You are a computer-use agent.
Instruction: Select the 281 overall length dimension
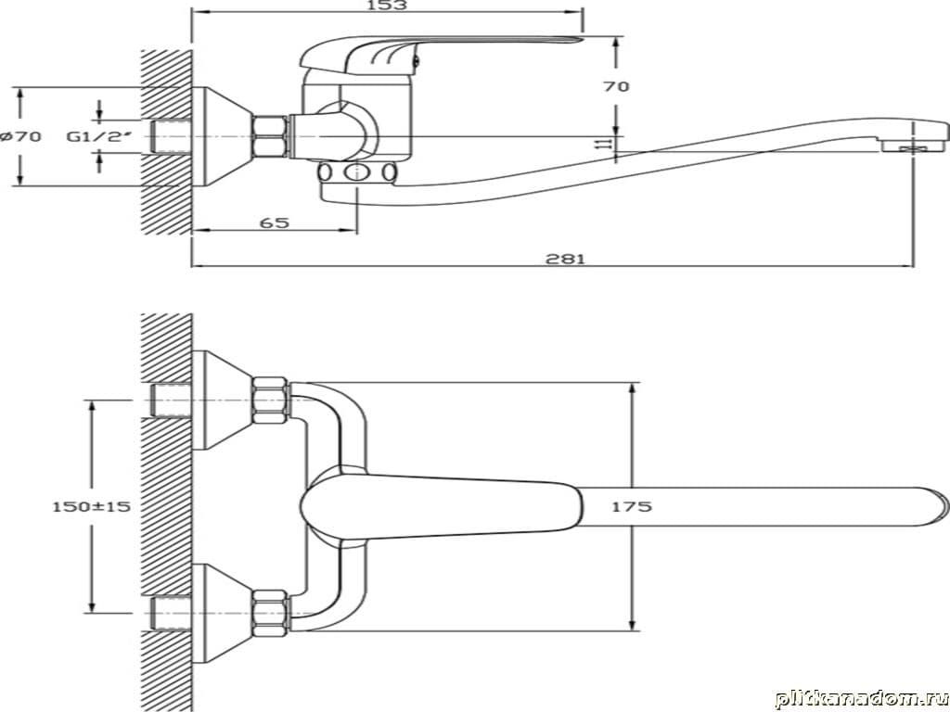565,259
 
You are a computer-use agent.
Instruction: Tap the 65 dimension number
275,222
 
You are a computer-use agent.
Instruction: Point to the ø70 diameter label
21,136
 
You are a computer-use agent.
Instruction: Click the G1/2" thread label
98,136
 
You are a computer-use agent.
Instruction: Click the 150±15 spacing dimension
92,506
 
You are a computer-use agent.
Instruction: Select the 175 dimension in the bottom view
631,506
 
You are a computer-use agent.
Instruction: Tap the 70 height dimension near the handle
616,86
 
